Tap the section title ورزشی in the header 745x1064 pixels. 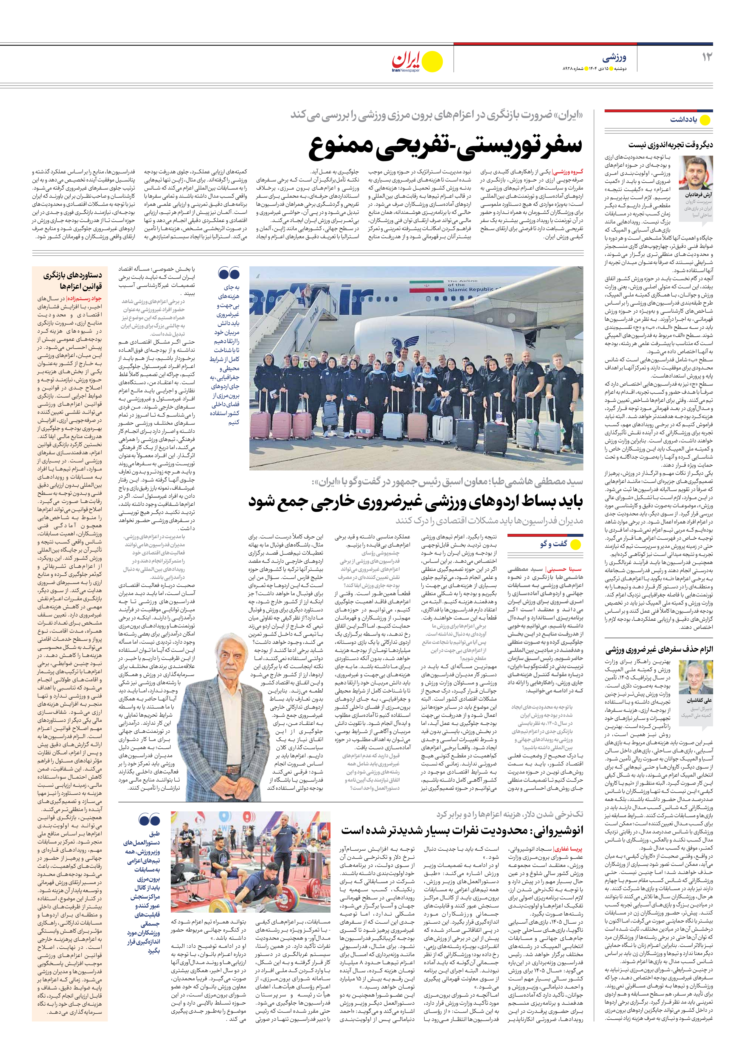[614, 58]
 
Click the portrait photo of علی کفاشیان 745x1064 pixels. [696, 677]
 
